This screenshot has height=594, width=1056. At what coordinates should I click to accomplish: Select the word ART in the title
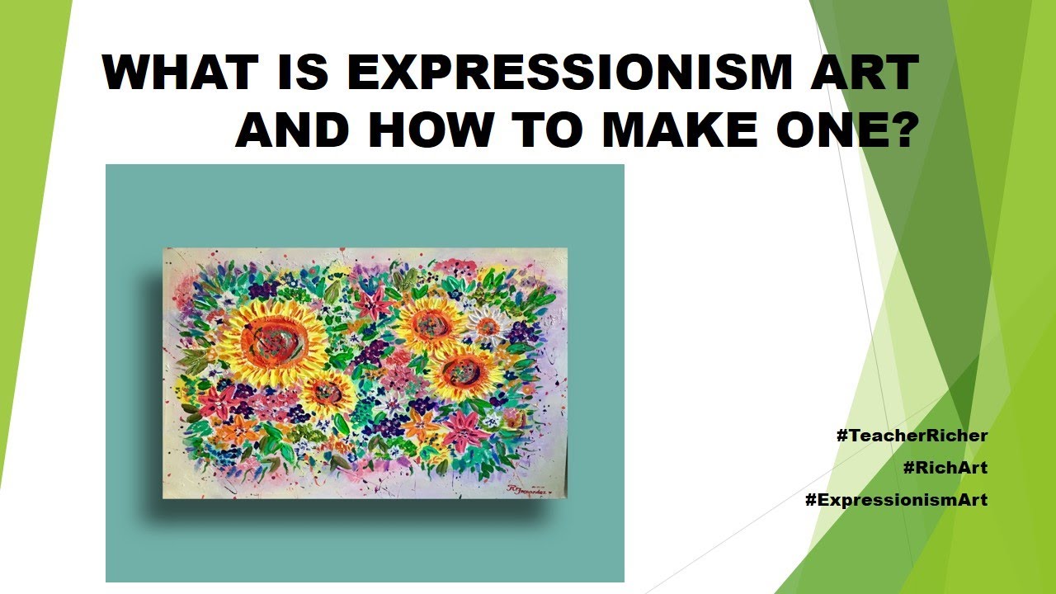click(x=865, y=72)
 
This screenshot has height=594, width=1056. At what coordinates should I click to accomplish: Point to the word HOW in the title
click(x=430, y=130)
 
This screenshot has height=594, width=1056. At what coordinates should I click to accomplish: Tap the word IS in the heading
click(x=303, y=72)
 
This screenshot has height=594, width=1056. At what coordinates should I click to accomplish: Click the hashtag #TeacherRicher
click(x=912, y=435)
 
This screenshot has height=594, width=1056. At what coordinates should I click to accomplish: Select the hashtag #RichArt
click(x=945, y=467)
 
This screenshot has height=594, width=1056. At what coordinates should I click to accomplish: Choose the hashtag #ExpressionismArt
click(x=896, y=499)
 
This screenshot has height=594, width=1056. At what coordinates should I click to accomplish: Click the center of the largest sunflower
click(x=272, y=342)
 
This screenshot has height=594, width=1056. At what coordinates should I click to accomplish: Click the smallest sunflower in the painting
click(x=328, y=393)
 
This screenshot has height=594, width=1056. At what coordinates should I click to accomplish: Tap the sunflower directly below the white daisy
click(x=464, y=372)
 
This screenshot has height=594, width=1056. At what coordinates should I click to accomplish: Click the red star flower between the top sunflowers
click(x=371, y=304)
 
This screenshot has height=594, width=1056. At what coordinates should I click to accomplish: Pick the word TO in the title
click(x=547, y=130)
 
